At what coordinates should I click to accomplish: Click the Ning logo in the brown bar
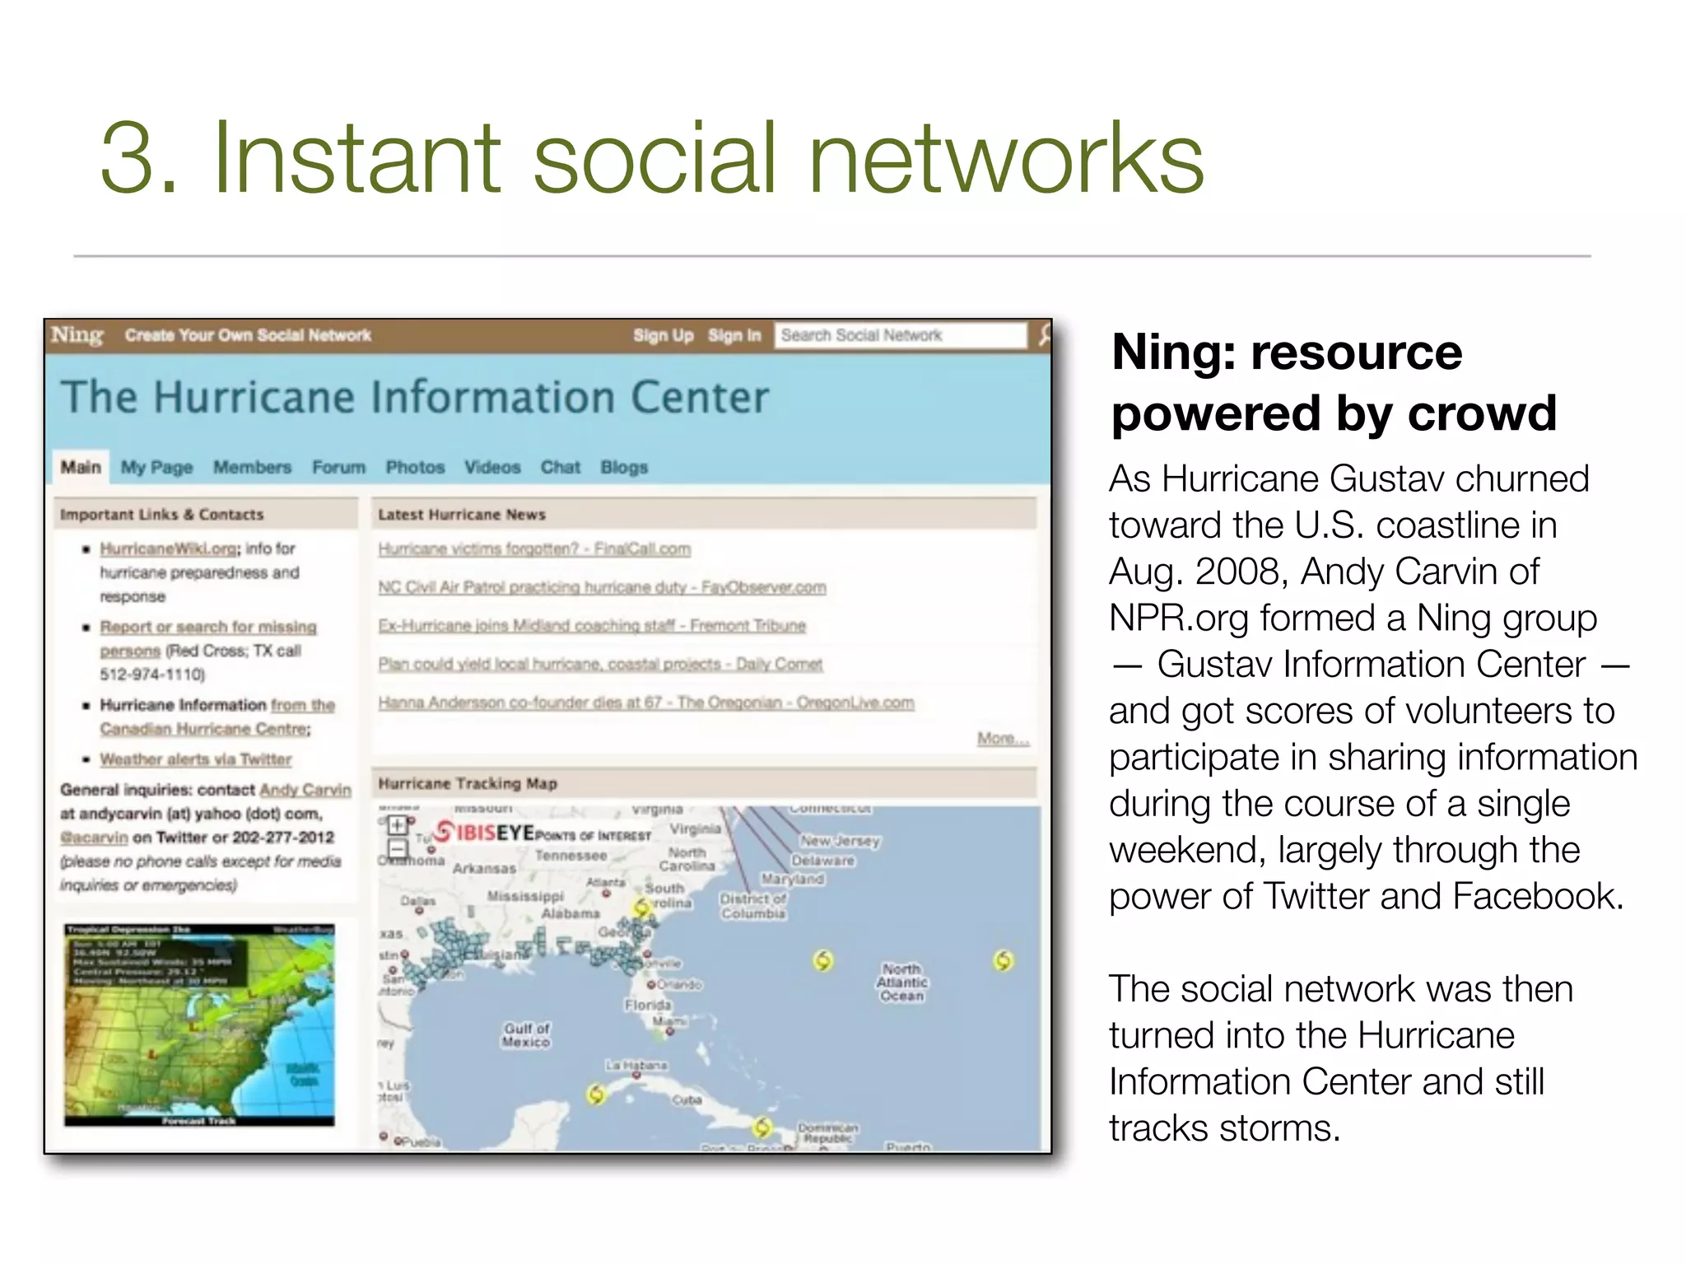point(77,335)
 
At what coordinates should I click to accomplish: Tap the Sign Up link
point(663,335)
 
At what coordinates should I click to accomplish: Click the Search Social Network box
point(899,335)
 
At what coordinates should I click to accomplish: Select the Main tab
point(81,467)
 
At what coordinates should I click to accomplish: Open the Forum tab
point(338,467)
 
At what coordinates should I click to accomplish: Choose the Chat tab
point(560,467)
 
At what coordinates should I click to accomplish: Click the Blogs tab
point(624,467)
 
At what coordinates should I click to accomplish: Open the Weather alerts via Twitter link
point(196,759)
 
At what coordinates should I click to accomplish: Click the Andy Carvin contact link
point(305,790)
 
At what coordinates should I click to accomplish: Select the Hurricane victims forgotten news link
point(534,549)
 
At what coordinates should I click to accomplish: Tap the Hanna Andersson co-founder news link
point(645,703)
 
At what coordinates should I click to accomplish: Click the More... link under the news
point(1003,738)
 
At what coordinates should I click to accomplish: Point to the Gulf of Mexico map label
point(527,1035)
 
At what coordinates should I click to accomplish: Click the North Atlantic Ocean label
point(902,983)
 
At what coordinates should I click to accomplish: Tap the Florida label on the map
point(648,1005)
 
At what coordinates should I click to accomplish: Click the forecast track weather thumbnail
point(199,1025)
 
